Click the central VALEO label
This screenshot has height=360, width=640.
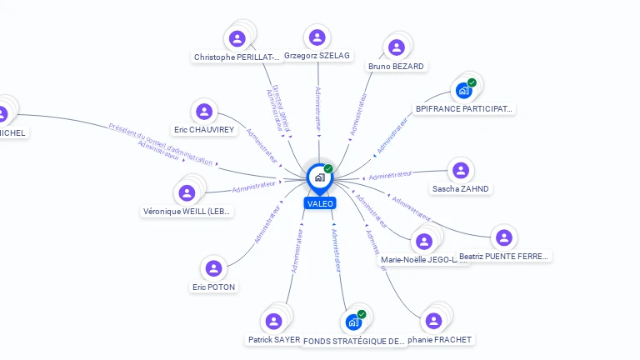point(320,203)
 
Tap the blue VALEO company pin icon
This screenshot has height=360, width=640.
point(319,177)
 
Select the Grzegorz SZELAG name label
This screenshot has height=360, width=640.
point(317,56)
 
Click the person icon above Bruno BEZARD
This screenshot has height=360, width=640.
point(397,47)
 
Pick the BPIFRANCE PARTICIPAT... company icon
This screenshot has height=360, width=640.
point(463,90)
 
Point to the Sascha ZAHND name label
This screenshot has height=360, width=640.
point(461,189)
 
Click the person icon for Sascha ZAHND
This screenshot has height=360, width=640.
point(460,170)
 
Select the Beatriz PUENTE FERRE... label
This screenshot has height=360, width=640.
point(504,257)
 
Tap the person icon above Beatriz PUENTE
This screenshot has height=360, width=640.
point(503,237)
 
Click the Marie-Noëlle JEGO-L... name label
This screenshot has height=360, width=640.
point(419,260)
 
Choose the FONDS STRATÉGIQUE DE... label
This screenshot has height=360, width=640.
point(353,341)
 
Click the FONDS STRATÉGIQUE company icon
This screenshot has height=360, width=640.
point(353,322)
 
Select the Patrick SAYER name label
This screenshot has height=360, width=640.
point(273,340)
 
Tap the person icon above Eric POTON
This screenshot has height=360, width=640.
point(213,268)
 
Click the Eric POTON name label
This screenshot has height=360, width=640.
point(214,287)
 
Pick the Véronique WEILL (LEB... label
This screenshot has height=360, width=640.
point(187,212)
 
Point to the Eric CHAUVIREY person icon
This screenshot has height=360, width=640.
point(203,111)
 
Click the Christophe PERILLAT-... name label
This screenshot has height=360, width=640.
point(237,57)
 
